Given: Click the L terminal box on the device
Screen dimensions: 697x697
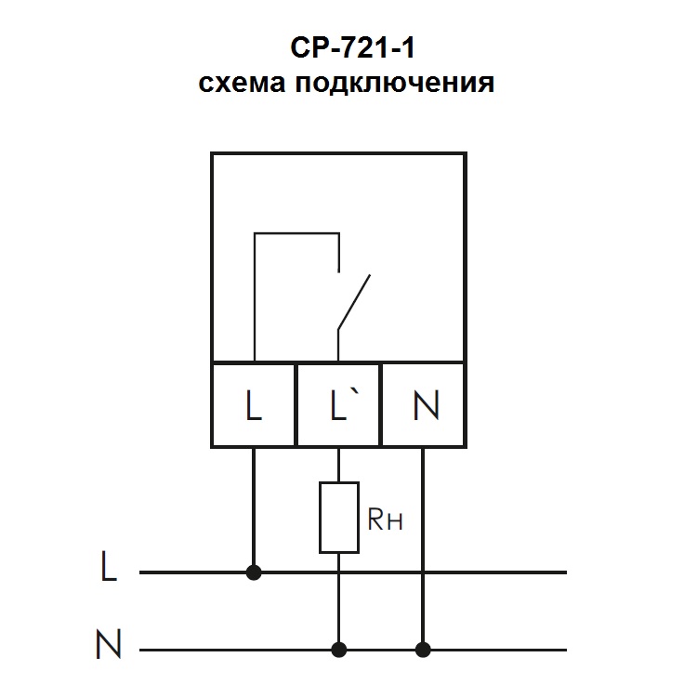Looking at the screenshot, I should tap(254, 406).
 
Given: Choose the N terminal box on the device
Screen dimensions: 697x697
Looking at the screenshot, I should tap(425, 406).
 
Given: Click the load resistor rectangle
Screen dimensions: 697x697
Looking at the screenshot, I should tap(338, 517).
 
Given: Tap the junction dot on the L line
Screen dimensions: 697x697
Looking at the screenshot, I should tap(254, 572).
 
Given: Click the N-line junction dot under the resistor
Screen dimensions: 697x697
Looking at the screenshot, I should tap(338, 648).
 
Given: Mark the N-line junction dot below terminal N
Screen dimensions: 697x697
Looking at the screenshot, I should tap(425, 648).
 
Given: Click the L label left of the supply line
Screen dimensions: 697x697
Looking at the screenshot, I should tap(109, 569).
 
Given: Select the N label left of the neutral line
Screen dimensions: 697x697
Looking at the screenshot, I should tap(109, 645).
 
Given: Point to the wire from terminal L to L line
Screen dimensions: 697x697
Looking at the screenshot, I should tap(254, 506).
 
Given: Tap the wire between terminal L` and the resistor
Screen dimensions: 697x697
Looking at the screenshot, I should tap(338, 465).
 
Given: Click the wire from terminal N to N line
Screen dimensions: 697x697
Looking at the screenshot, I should tap(425, 548).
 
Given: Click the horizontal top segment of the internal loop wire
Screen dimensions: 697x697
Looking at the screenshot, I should tap(296, 235).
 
